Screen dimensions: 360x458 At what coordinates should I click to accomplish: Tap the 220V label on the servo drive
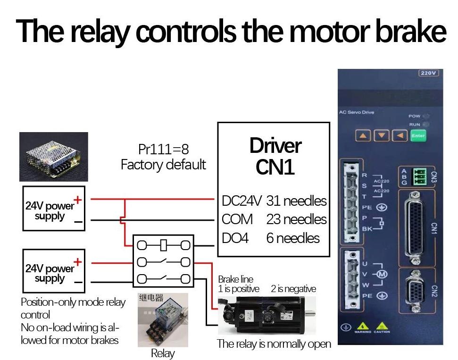[x=428, y=73]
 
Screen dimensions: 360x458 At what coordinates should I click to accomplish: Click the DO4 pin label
[x=235, y=238]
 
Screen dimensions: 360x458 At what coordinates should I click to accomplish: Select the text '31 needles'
[x=296, y=201]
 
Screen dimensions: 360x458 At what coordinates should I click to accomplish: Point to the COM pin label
[x=237, y=219]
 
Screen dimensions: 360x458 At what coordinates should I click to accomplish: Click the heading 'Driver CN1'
[x=275, y=156]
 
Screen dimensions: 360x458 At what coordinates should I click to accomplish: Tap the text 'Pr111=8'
[x=163, y=149]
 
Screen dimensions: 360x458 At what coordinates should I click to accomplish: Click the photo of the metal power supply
[x=53, y=157]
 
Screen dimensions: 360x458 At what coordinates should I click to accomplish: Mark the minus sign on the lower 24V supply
[x=78, y=283]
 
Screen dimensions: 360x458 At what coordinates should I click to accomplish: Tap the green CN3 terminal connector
[x=417, y=177]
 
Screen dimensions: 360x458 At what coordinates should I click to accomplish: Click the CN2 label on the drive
[x=434, y=292]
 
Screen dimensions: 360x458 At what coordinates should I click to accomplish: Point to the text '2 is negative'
[x=293, y=289]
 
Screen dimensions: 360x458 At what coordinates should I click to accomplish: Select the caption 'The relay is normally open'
[x=274, y=344]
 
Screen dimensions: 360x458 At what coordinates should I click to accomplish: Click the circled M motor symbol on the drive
[x=383, y=274]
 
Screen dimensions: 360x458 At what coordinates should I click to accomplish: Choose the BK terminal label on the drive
[x=366, y=228]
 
